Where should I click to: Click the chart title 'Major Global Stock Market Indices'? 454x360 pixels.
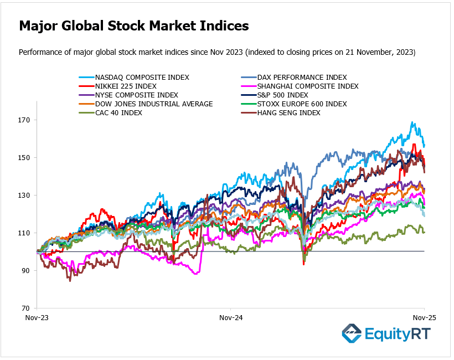pyautogui.click(x=133, y=26)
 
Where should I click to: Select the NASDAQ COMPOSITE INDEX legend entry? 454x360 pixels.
pyautogui.click(x=142, y=78)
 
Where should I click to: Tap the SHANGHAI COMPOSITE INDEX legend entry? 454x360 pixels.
pyautogui.click(x=310, y=86)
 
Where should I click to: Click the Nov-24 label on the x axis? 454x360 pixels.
pyautogui.click(x=231, y=318)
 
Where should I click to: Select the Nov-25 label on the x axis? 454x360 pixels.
pyautogui.click(x=425, y=318)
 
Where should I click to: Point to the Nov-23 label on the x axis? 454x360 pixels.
pyautogui.click(x=37, y=318)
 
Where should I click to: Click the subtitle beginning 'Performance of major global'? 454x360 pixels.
pyautogui.click(x=217, y=52)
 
